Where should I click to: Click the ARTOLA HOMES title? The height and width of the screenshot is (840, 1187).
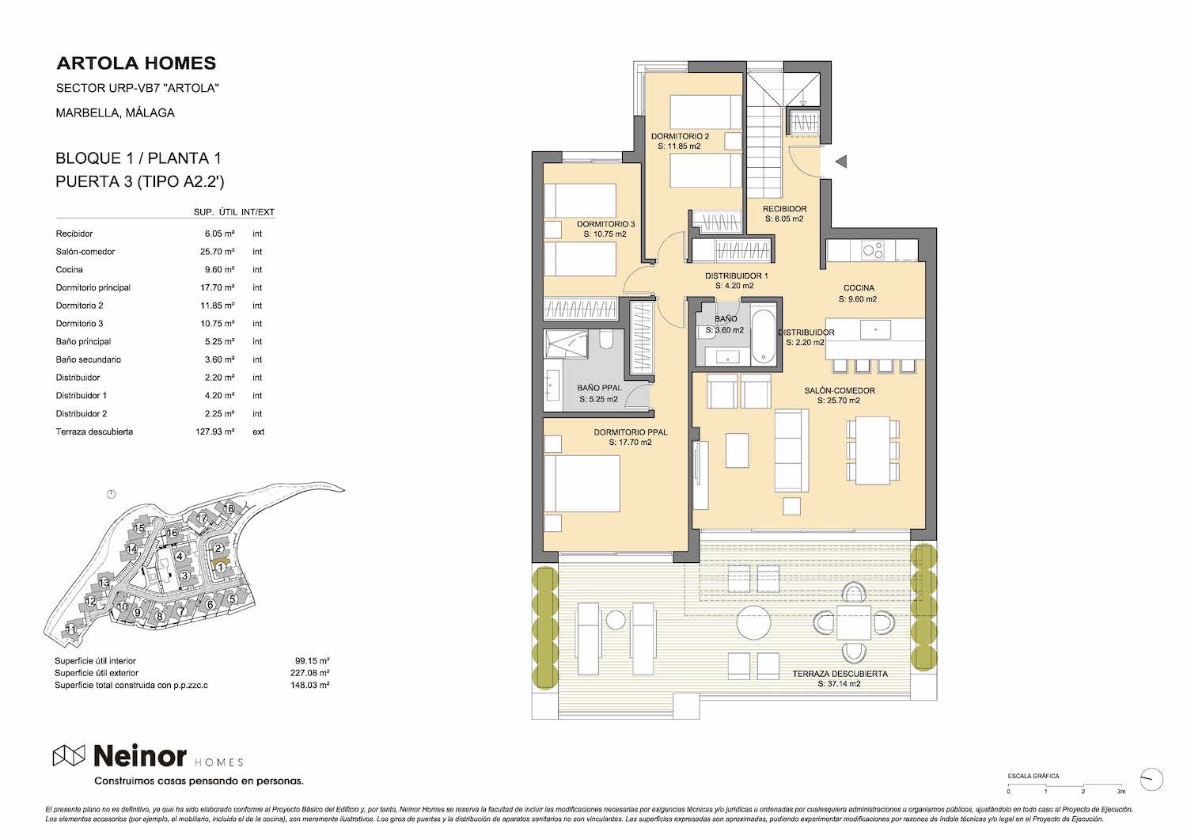click(x=136, y=63)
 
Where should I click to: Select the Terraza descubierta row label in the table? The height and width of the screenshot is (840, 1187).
click(x=94, y=431)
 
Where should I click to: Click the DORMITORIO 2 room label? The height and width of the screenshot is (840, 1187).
click(x=680, y=136)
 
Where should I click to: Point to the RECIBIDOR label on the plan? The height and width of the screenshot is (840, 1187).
click(x=785, y=209)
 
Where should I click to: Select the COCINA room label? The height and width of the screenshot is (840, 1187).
click(x=859, y=288)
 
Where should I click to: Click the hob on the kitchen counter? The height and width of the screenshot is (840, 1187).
click(x=872, y=249)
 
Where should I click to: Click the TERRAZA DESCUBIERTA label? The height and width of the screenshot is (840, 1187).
click(x=840, y=674)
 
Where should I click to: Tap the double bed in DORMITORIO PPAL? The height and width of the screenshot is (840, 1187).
click(x=582, y=484)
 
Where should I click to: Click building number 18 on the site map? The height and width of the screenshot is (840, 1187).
click(x=229, y=508)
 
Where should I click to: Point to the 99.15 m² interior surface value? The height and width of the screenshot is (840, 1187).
click(x=312, y=661)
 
